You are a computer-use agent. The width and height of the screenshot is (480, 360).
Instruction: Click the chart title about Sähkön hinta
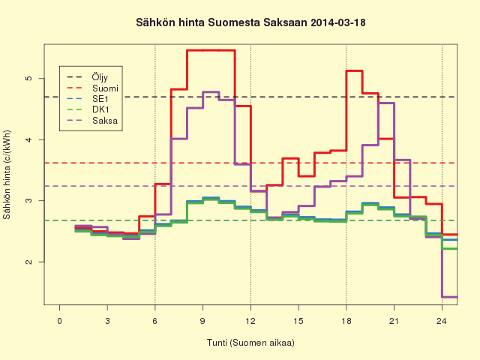coord(250,23)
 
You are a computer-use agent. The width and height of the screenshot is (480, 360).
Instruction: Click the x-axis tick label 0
coord(59,321)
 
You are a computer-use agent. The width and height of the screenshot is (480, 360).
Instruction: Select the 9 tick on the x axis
coord(202,321)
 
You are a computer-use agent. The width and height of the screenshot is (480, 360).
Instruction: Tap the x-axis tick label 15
coord(298,321)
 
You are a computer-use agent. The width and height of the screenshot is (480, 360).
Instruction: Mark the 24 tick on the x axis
coord(442,321)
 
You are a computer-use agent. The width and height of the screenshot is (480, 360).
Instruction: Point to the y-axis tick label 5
coord(28,78)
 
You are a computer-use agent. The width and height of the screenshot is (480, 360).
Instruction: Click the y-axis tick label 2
coord(28,262)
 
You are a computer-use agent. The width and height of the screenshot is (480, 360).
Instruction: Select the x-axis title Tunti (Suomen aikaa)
coord(250,343)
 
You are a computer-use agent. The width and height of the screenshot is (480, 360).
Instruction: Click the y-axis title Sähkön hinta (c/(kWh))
coord(7,175)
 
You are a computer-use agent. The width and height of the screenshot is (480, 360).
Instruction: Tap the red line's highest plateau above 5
coord(211,50)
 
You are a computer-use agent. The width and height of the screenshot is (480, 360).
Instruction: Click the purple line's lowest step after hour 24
coord(450,297)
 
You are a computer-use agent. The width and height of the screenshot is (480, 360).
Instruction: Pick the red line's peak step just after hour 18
coord(354,70)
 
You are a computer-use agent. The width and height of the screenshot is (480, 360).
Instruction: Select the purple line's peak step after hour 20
coord(386,103)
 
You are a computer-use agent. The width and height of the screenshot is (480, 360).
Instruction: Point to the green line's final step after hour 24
coord(450,248)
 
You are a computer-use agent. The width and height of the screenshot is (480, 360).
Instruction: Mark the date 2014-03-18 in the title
coord(338,23)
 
